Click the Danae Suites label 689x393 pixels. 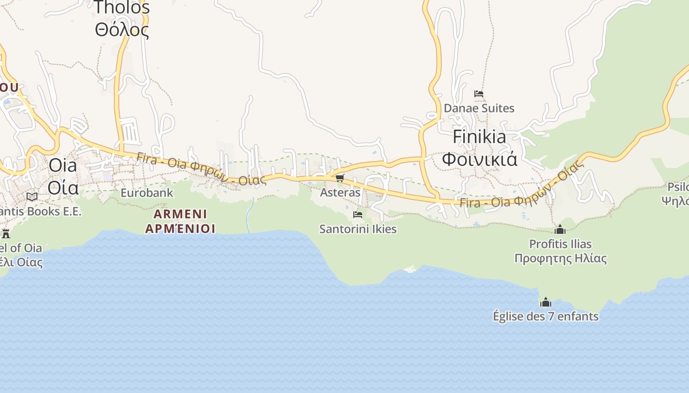coord(479,108)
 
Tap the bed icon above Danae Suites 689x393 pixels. coord(479,93)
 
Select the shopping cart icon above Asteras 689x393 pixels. coord(340,178)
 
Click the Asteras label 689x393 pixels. coord(340,193)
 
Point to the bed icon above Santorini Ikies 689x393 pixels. coord(358,215)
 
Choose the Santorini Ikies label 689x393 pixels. coord(358,229)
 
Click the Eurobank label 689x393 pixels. coord(147,193)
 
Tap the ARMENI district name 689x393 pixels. coord(180,214)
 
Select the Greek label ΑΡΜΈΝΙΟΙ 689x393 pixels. coord(180,228)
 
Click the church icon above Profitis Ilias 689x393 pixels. coord(560,229)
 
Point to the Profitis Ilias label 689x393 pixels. coord(560,244)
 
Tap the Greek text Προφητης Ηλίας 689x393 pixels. coord(560,258)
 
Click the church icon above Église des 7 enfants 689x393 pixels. coord(546,302)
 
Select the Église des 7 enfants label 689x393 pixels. coord(546,316)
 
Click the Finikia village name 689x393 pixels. coord(479,137)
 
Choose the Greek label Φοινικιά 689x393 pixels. coord(479,159)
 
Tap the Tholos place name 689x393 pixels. coord(122,8)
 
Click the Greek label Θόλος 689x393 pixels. coord(122,30)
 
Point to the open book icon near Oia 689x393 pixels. coord(32,196)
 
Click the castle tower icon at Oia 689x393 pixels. coord(6,233)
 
